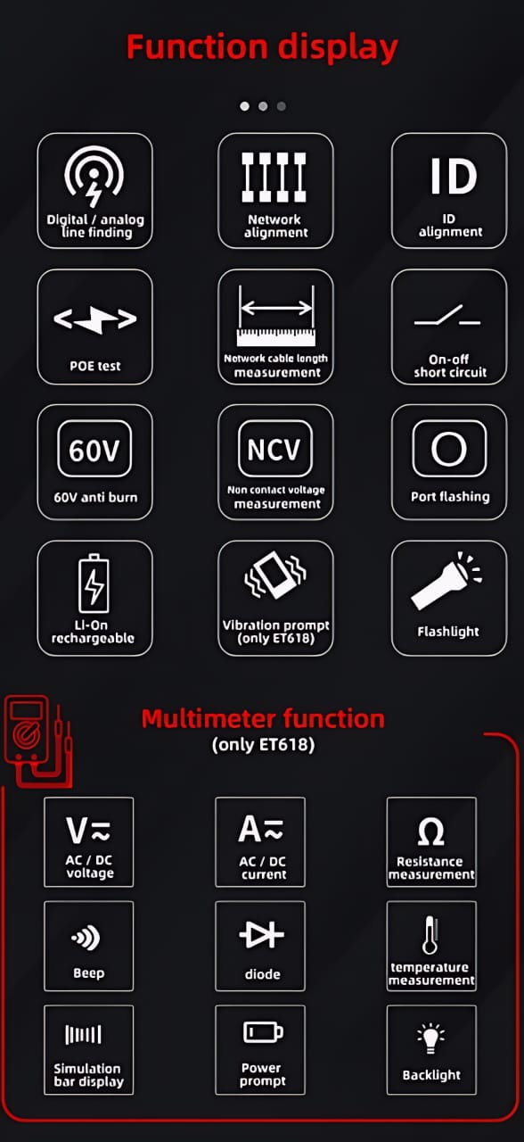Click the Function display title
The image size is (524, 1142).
(x=262, y=47)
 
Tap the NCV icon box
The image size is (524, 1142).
(x=274, y=449)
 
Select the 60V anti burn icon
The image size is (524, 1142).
(x=94, y=450)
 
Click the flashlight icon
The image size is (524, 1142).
(x=444, y=585)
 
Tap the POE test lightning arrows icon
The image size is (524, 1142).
(x=94, y=319)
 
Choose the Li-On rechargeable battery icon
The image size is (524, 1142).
(x=93, y=583)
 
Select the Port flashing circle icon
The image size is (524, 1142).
(x=449, y=450)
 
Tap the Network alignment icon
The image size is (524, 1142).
(x=275, y=177)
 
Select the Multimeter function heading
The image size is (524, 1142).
(x=263, y=718)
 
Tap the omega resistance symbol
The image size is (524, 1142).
(x=430, y=832)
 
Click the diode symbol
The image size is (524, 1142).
(x=261, y=935)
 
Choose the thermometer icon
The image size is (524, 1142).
(x=430, y=935)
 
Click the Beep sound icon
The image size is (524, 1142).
(x=87, y=937)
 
